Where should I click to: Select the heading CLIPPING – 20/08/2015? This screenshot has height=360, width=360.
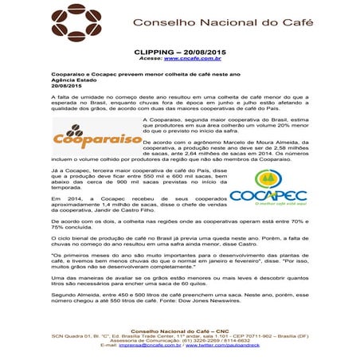pyautogui.click(x=179, y=50)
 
